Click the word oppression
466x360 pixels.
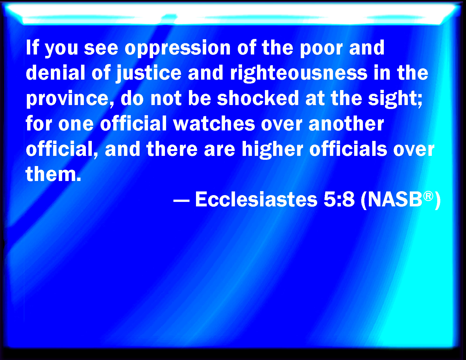[178, 49]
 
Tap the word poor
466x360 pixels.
[321, 49]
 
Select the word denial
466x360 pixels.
[55, 73]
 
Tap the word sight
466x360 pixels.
[395, 99]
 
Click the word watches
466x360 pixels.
[214, 123]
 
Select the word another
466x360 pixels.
[346, 123]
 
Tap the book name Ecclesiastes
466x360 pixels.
[256, 199]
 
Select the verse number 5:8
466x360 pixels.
[339, 199]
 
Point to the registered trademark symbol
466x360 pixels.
[428, 196]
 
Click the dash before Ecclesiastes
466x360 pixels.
[181, 201]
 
